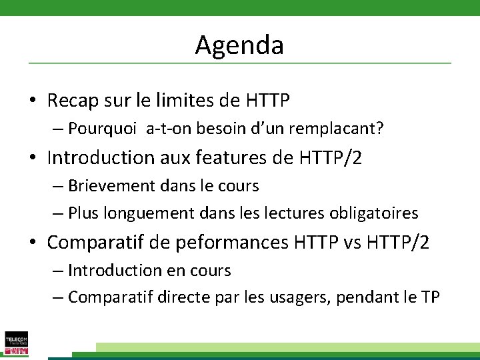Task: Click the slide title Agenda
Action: click(x=239, y=45)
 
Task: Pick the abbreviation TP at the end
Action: click(x=430, y=297)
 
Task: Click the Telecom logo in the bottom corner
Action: click(x=16, y=343)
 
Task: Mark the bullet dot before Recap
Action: click(x=32, y=101)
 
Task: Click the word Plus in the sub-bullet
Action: click(x=83, y=213)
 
